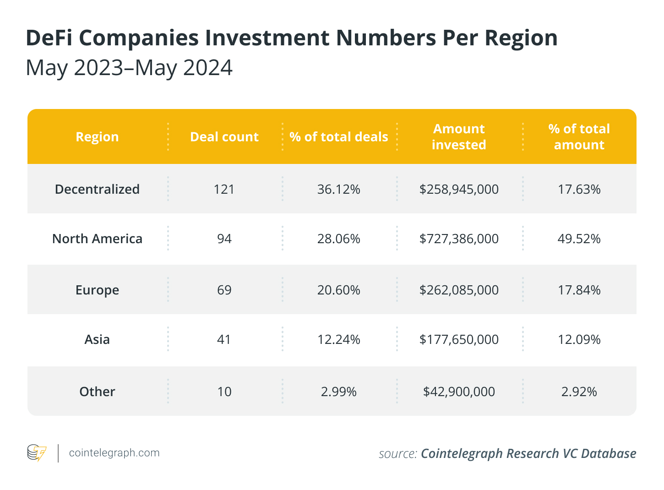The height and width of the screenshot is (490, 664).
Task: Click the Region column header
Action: pyautogui.click(x=97, y=137)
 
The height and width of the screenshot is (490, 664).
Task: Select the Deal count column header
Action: pyautogui.click(x=224, y=136)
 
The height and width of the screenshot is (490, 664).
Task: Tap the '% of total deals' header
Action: pyautogui.click(x=338, y=136)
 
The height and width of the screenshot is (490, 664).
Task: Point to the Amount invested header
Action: pyautogui.click(x=459, y=136)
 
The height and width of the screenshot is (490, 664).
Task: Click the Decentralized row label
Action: pyautogui.click(x=97, y=189)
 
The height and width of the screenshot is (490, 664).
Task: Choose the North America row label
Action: pyautogui.click(x=97, y=239)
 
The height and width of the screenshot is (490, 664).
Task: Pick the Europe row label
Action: pyautogui.click(x=97, y=290)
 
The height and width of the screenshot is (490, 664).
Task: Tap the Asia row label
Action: pyautogui.click(x=97, y=339)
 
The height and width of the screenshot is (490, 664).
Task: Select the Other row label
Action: pyautogui.click(x=97, y=392)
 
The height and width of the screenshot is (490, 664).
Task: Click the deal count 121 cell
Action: pyautogui.click(x=224, y=189)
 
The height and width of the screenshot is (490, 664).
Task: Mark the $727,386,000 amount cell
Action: pyautogui.click(x=459, y=239)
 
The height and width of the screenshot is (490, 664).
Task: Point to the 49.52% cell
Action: pyautogui.click(x=579, y=239)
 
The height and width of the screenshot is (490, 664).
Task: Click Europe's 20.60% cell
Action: pyautogui.click(x=338, y=290)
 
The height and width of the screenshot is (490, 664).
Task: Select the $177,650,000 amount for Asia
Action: pyautogui.click(x=459, y=339)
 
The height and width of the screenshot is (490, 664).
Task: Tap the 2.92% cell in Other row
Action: pyautogui.click(x=579, y=392)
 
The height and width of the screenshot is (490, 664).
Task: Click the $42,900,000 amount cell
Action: pyautogui.click(x=459, y=392)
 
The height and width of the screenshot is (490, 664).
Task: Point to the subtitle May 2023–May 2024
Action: pyautogui.click(x=129, y=68)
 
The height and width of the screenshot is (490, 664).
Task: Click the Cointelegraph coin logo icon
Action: pyautogui.click(x=37, y=452)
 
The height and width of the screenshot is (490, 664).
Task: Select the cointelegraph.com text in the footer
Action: pyautogui.click(x=114, y=452)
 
